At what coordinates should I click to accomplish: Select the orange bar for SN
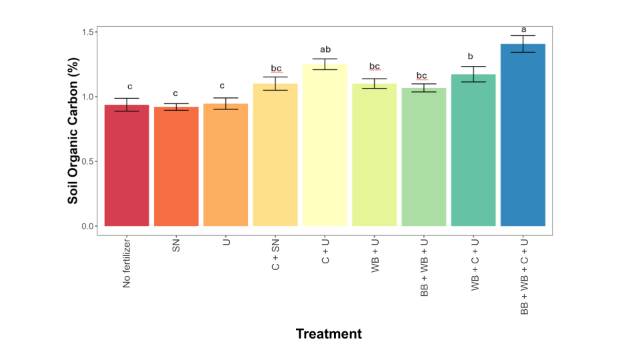tap(176, 167)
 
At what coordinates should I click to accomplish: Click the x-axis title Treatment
tap(329, 334)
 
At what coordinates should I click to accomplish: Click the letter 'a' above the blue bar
tap(523, 29)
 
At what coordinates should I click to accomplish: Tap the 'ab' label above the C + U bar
tap(325, 49)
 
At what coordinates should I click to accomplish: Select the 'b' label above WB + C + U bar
tap(473, 57)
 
